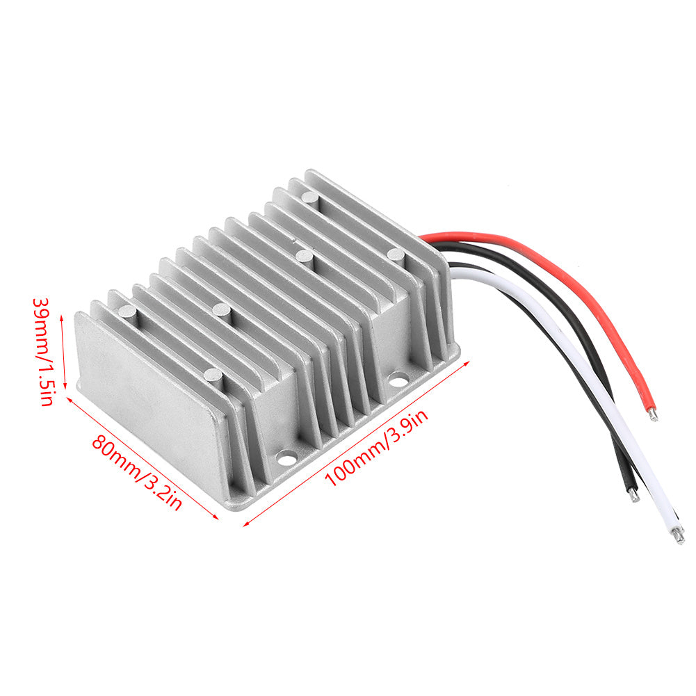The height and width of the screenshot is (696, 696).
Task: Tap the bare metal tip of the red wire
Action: coord(653,414)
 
